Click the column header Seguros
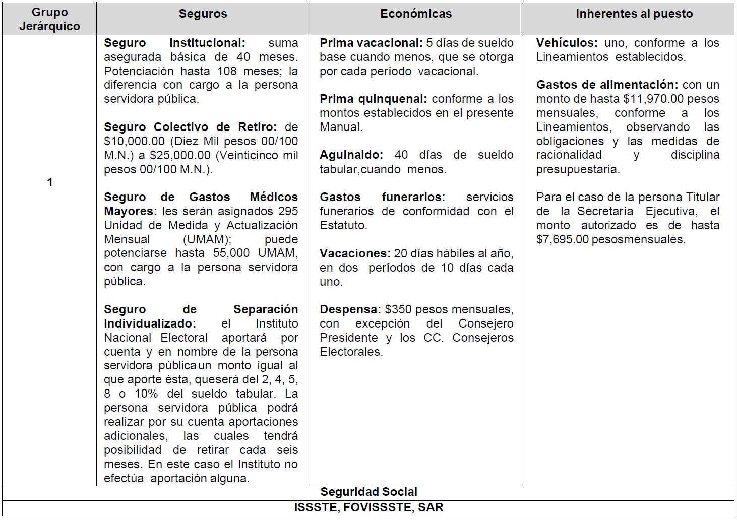pos(203,14)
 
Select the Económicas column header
pos(416,14)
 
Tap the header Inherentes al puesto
pos(634,14)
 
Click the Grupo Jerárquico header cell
pos(49,19)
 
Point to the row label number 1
pos(50,182)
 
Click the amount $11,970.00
pos(653,99)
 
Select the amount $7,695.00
pos(562,239)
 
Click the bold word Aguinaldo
pos(351,155)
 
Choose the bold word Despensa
pos(350,309)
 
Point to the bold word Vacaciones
pos(355,253)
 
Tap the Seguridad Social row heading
pos(368,492)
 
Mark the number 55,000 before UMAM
pos(231,253)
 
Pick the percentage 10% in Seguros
pos(146,394)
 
